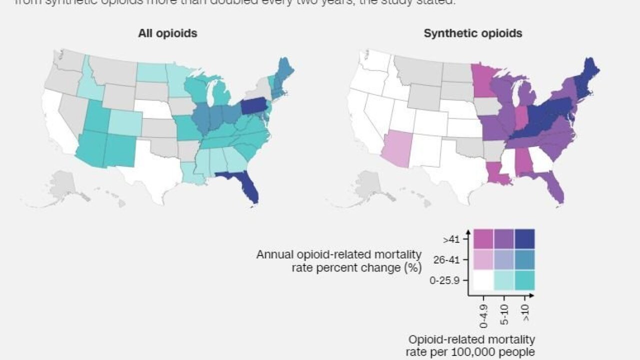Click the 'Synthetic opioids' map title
pos(472,33)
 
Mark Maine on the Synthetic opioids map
pos(590,72)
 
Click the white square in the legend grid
pos(483,280)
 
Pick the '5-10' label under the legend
pos(504,311)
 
